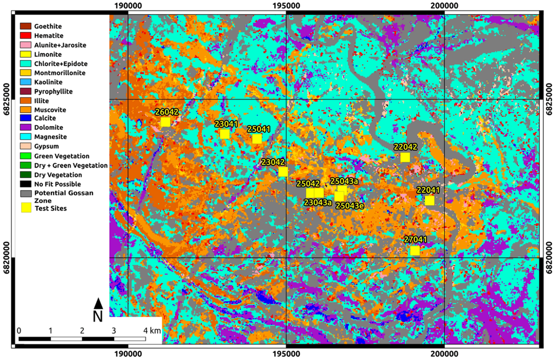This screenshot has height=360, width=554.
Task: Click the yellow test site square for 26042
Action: pos(166,122)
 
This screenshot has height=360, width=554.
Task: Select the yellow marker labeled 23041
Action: pos(225,134)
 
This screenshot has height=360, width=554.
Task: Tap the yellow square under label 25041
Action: pos(257,139)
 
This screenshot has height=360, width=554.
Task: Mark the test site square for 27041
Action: pos(415,250)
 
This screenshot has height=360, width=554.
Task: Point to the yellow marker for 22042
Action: pos(405,157)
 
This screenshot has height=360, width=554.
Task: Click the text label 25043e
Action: pos(349,206)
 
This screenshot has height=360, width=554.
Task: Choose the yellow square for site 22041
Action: pos(430,200)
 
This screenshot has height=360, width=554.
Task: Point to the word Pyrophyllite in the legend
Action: pos(53,91)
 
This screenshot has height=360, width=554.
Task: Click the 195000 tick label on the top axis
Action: pos(286,5)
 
